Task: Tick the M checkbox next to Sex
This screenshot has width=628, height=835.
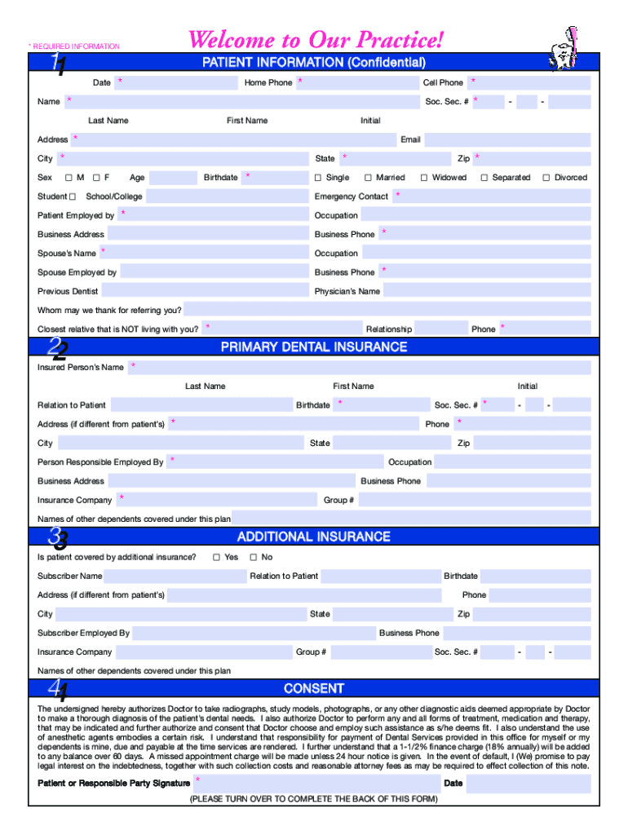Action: tap(69, 178)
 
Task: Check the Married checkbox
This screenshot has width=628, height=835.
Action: tap(368, 178)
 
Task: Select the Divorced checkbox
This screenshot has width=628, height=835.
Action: tap(546, 178)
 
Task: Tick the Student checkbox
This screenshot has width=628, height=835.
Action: tap(73, 197)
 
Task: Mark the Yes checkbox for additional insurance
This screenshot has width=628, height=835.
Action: tap(216, 558)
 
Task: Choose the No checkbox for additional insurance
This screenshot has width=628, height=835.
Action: tap(253, 558)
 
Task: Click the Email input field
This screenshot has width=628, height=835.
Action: tap(507, 139)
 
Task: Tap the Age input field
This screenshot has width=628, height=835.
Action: tap(173, 178)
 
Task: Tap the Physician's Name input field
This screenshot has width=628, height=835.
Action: tap(486, 291)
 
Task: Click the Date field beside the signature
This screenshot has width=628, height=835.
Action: tap(528, 784)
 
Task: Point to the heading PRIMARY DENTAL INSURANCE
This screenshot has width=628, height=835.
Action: tap(314, 347)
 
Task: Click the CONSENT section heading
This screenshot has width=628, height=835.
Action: tap(314, 688)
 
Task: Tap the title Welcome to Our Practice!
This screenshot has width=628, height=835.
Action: tap(316, 39)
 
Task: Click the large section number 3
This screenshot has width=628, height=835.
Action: tap(56, 537)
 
